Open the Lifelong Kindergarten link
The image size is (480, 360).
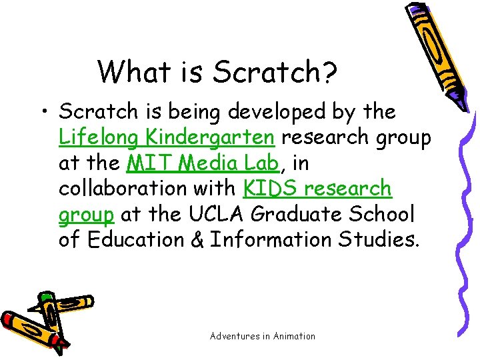167,137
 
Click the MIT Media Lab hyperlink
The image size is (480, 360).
202,163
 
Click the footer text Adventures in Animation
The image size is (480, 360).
263,336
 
